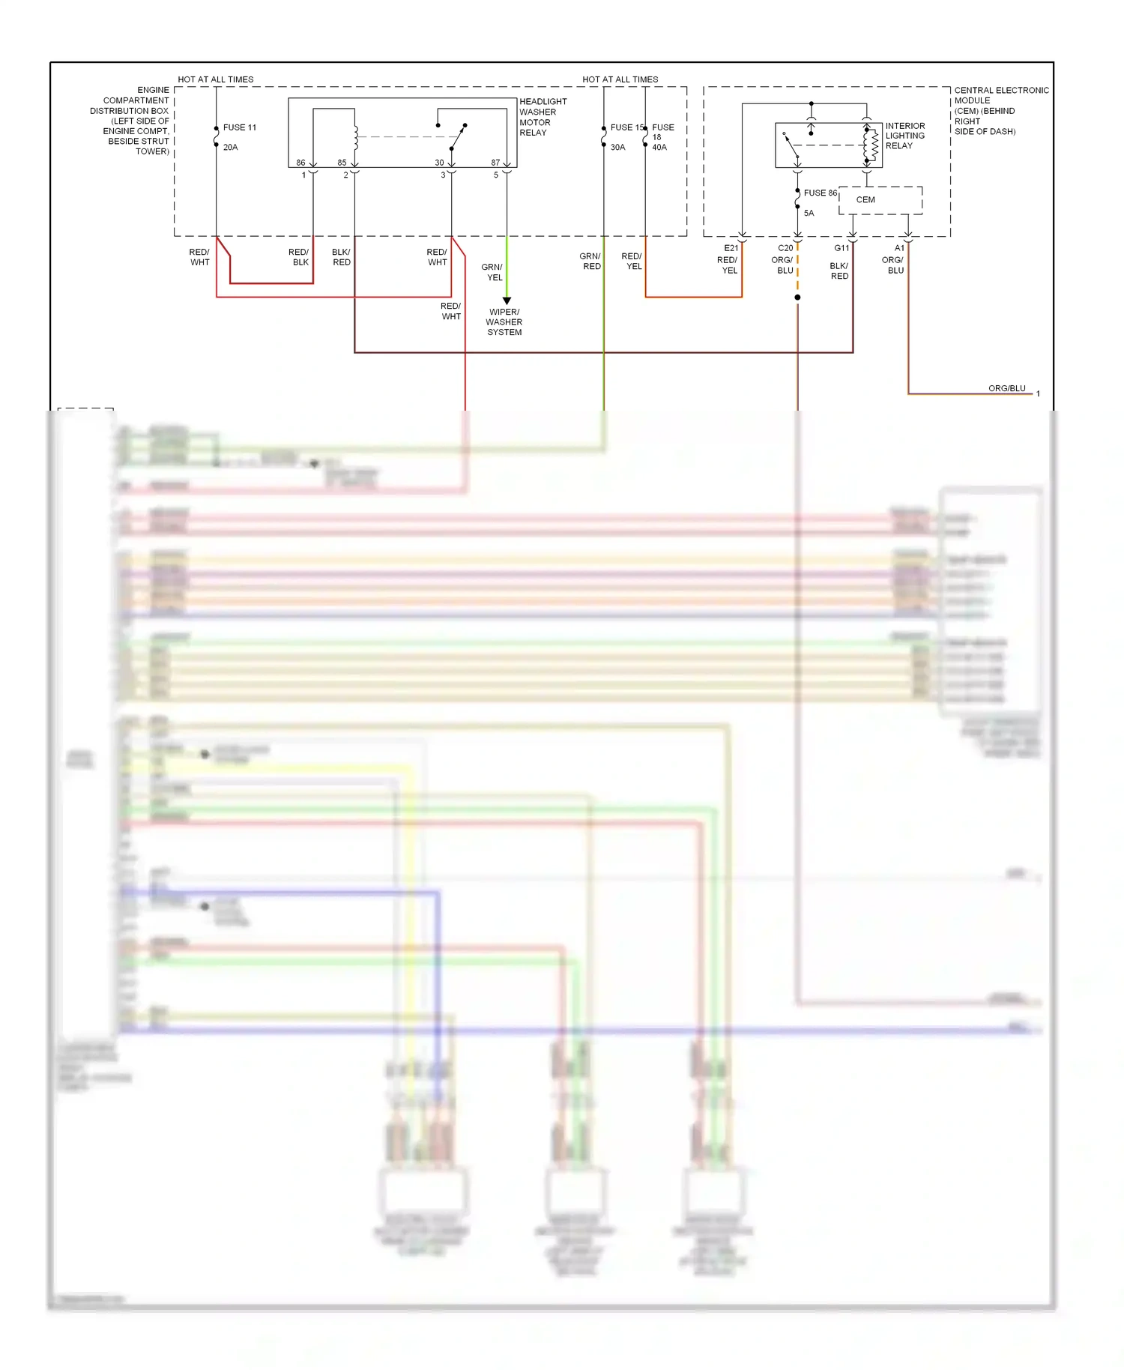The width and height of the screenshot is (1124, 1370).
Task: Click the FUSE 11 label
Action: [x=239, y=127]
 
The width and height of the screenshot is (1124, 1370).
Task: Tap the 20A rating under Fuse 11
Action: [x=230, y=148]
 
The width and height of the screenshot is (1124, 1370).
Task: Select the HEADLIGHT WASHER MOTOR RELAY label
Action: [x=543, y=117]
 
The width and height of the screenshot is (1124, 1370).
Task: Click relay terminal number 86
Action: [x=300, y=163]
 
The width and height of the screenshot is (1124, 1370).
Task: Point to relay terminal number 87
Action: [x=495, y=163]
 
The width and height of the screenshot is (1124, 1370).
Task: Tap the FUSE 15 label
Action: [x=626, y=127]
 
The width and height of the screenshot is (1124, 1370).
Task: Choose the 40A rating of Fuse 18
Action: [x=659, y=148]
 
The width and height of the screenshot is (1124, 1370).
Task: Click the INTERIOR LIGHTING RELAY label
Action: [x=904, y=136]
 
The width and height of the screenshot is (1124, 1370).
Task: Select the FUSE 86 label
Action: [x=820, y=193]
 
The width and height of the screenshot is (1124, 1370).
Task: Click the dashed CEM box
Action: [x=880, y=200]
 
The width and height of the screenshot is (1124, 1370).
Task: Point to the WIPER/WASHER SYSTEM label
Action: [x=504, y=322]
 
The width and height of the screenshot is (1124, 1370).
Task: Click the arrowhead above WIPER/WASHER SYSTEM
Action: [x=507, y=301]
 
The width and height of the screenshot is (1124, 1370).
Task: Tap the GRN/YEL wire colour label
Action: [x=492, y=272]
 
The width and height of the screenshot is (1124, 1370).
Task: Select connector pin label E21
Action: [x=731, y=248]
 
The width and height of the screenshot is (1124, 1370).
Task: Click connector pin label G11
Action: [x=842, y=248]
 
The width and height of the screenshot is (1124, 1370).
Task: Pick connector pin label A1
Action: [x=899, y=248]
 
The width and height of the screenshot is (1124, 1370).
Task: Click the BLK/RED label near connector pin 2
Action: [x=341, y=257]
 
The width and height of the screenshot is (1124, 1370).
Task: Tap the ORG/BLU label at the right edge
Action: [x=1006, y=388]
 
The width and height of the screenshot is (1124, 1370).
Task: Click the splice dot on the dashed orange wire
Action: [x=797, y=298]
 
